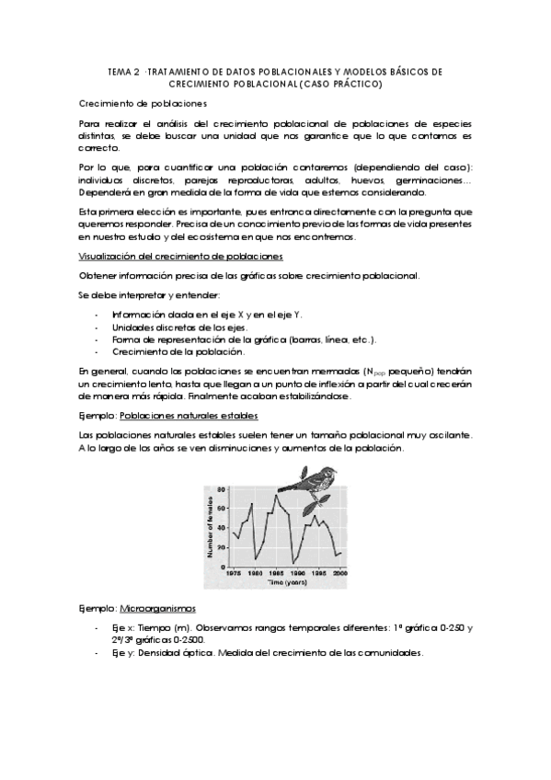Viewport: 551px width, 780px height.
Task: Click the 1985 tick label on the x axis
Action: coord(277,574)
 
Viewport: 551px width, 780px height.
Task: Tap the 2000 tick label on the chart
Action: coord(339,574)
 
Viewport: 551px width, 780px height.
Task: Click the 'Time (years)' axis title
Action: coord(286,582)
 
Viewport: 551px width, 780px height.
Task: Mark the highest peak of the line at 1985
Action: coord(275,496)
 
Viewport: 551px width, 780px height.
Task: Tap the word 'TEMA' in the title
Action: coord(120,71)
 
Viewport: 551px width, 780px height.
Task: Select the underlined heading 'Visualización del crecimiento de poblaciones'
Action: coord(180,255)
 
